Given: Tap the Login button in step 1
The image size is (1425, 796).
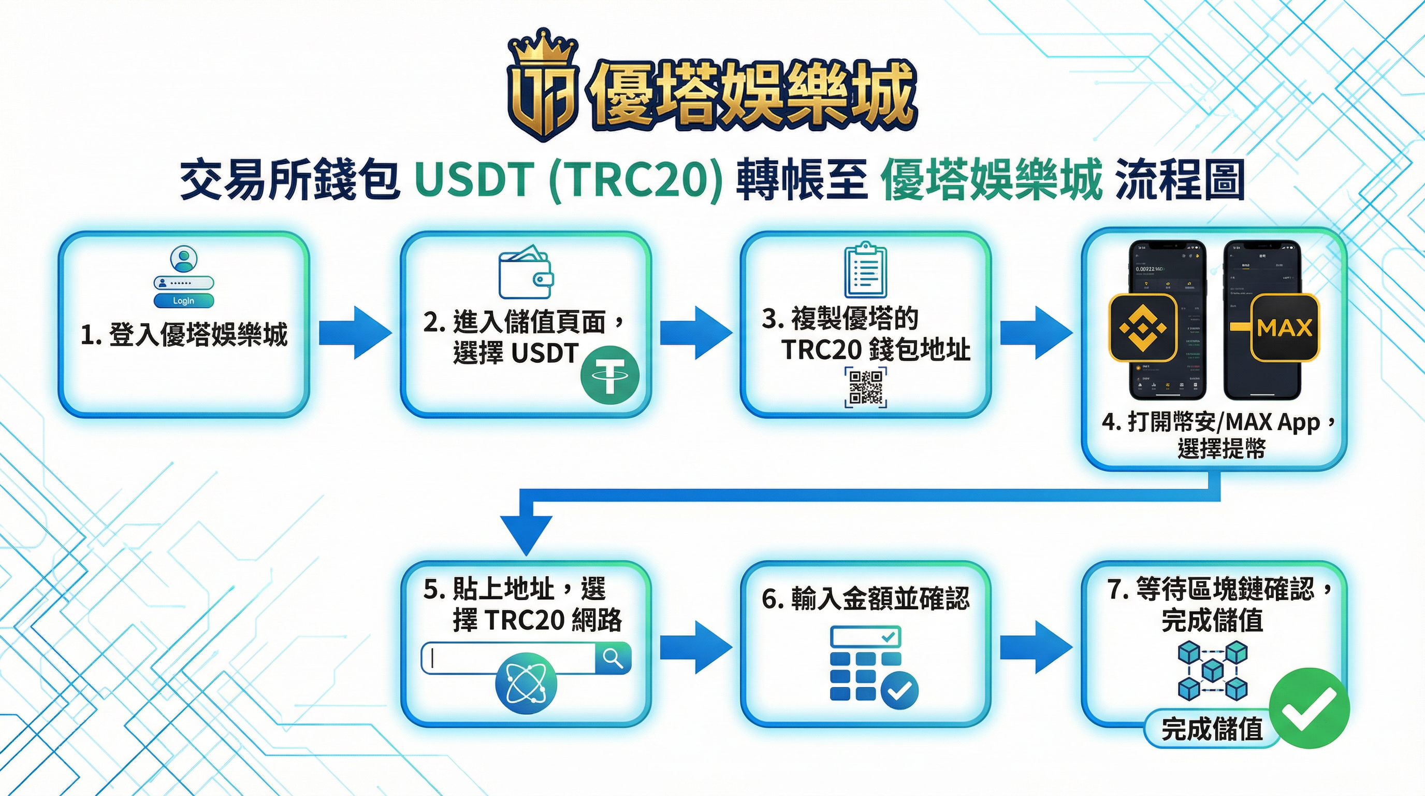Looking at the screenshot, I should (x=184, y=301).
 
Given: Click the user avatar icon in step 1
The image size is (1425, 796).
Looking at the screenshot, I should (x=184, y=259).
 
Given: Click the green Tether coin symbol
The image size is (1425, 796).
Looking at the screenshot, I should (x=609, y=376).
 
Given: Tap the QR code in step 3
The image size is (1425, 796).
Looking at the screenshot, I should (x=866, y=387).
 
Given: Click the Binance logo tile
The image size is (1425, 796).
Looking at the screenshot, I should (x=1143, y=327).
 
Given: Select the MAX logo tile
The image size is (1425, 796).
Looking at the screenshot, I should (x=1285, y=327).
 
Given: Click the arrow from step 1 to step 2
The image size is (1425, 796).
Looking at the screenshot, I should (x=355, y=333).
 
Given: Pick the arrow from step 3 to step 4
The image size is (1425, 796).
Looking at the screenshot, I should (x=1036, y=333).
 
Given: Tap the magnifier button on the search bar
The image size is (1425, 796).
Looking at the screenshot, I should (x=613, y=658).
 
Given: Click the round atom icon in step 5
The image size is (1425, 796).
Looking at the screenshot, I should (x=526, y=683).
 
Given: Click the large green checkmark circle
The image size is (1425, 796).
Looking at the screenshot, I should (x=1310, y=708).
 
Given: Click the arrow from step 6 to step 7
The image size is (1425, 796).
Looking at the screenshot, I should (x=1036, y=647).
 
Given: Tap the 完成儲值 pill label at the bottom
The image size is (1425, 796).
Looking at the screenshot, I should (x=1212, y=729).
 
